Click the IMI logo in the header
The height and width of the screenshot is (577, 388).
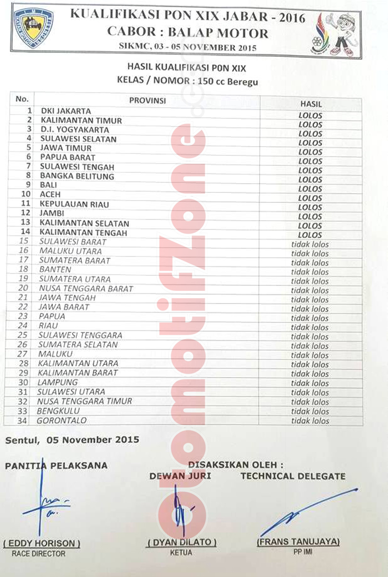tap(33, 27)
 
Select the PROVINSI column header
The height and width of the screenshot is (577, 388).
tap(148, 100)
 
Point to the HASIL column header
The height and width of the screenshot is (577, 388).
tap(311, 104)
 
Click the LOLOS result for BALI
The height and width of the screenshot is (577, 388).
tap(310, 189)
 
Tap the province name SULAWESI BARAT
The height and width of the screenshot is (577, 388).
tap(73, 241)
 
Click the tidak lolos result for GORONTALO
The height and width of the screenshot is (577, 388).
tap(310, 421)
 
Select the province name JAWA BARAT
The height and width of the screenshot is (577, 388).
tap(64, 307)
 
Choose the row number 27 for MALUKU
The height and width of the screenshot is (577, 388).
tap(24, 354)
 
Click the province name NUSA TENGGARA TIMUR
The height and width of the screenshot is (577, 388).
tap(85, 401)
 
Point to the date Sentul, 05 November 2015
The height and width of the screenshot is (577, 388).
tap(72, 439)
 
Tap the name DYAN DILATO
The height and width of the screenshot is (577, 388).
tap(181, 542)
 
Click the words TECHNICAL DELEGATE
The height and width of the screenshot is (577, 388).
tap(293, 476)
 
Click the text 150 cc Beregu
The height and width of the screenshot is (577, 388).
tap(231, 81)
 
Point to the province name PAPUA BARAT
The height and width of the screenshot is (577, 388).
tap(67, 157)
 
